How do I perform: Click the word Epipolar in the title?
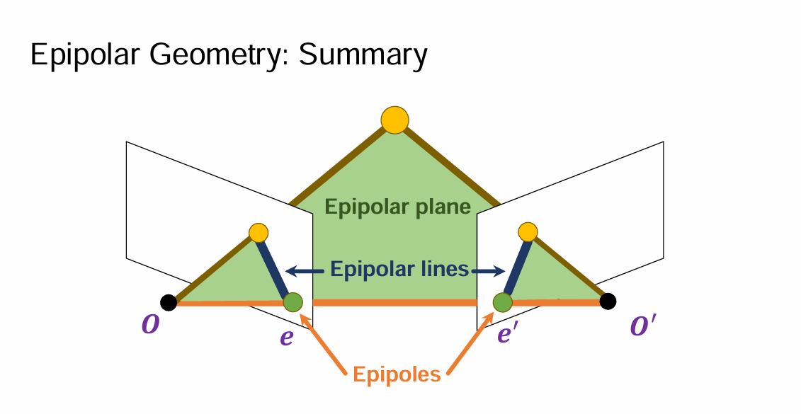[85, 54]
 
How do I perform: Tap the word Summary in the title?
[363, 54]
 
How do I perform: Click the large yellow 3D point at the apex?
[395, 120]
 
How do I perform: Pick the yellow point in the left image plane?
[259, 233]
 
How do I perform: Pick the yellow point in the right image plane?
[528, 231]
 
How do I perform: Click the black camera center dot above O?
[169, 302]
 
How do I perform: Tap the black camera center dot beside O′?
[608, 301]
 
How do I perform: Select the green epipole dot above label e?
[292, 302]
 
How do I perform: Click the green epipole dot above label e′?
[503, 302]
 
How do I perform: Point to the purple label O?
[151, 325]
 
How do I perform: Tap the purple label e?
[287, 338]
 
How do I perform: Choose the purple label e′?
[505, 334]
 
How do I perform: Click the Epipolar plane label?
[397, 207]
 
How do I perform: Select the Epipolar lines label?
[399, 268]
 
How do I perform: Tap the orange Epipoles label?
[397, 374]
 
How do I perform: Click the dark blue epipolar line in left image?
[274, 269]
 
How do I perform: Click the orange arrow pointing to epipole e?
[323, 343]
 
